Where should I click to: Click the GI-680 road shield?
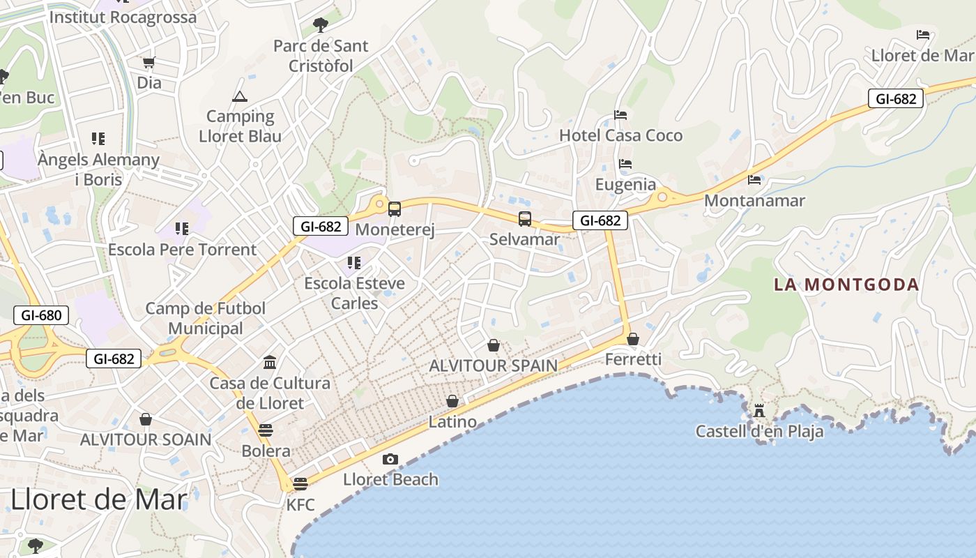[x=42, y=315]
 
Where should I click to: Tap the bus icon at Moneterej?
[x=395, y=209]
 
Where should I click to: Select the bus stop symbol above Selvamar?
[x=525, y=219]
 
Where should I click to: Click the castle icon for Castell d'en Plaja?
[x=759, y=411]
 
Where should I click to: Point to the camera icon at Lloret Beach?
[x=390, y=459]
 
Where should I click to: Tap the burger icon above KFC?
[x=300, y=483]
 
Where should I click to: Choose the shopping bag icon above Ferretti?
[x=633, y=339]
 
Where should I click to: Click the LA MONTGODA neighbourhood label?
[x=846, y=285]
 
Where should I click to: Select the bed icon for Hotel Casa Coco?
[x=620, y=114]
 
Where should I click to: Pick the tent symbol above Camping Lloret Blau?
[x=240, y=96]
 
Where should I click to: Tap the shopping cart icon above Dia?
[x=148, y=63]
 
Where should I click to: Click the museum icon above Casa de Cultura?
[x=270, y=362]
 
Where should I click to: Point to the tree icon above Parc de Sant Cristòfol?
[x=321, y=25]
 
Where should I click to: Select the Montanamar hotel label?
[x=754, y=201]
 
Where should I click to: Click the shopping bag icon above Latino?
[x=452, y=401]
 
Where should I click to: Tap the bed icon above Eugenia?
[x=625, y=164]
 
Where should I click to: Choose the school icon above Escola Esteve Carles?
[x=354, y=263]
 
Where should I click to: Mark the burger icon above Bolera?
[x=266, y=430]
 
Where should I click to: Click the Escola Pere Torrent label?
[x=182, y=250]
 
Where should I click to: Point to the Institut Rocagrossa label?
[x=123, y=17]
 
